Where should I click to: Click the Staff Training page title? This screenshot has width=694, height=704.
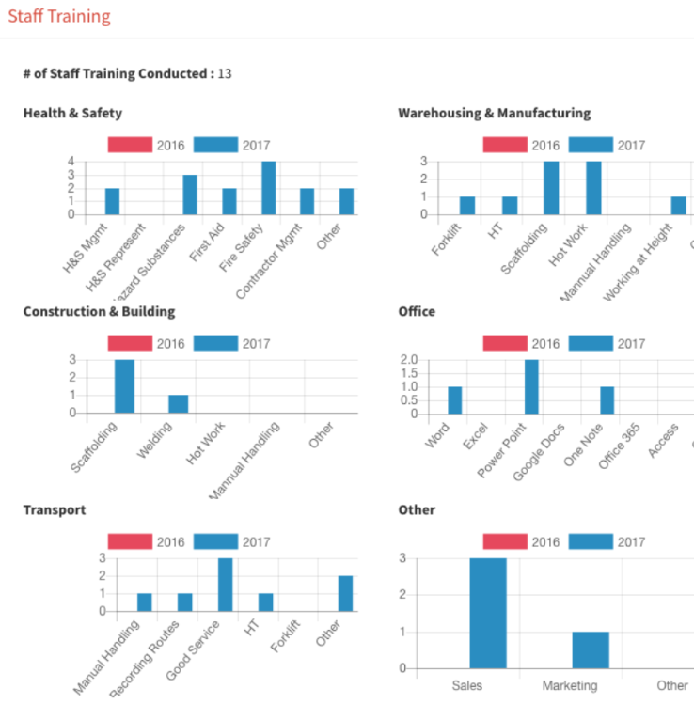click(x=59, y=17)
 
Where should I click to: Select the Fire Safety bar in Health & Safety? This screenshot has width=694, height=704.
click(x=268, y=188)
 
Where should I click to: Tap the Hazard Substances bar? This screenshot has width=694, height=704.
click(x=190, y=195)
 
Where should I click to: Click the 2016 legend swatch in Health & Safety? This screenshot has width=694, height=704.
click(x=129, y=145)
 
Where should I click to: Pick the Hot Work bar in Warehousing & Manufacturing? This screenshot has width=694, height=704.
click(x=593, y=188)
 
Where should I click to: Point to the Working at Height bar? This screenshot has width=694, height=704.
click(x=678, y=206)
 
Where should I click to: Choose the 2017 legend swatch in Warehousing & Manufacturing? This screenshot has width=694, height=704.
click(x=591, y=145)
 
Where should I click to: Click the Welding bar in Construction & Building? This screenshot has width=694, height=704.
click(x=178, y=404)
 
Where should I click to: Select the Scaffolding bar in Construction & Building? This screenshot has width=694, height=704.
click(x=124, y=386)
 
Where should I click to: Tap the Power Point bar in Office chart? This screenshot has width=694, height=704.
click(x=531, y=386)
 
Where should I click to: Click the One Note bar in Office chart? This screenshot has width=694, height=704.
click(x=607, y=400)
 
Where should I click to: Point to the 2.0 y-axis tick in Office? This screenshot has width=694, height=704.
click(x=408, y=360)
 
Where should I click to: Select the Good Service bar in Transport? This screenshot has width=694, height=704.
click(x=226, y=585)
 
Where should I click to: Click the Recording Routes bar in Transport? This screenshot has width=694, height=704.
click(x=184, y=602)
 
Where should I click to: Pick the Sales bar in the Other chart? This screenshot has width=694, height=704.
click(x=488, y=613)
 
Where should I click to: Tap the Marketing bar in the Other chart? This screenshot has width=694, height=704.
click(x=591, y=649)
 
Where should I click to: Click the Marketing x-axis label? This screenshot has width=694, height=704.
click(x=570, y=686)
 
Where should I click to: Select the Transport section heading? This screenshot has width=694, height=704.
click(x=55, y=509)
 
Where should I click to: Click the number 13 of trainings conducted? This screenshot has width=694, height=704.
click(x=225, y=73)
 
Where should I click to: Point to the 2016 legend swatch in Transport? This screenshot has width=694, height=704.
click(x=129, y=541)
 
